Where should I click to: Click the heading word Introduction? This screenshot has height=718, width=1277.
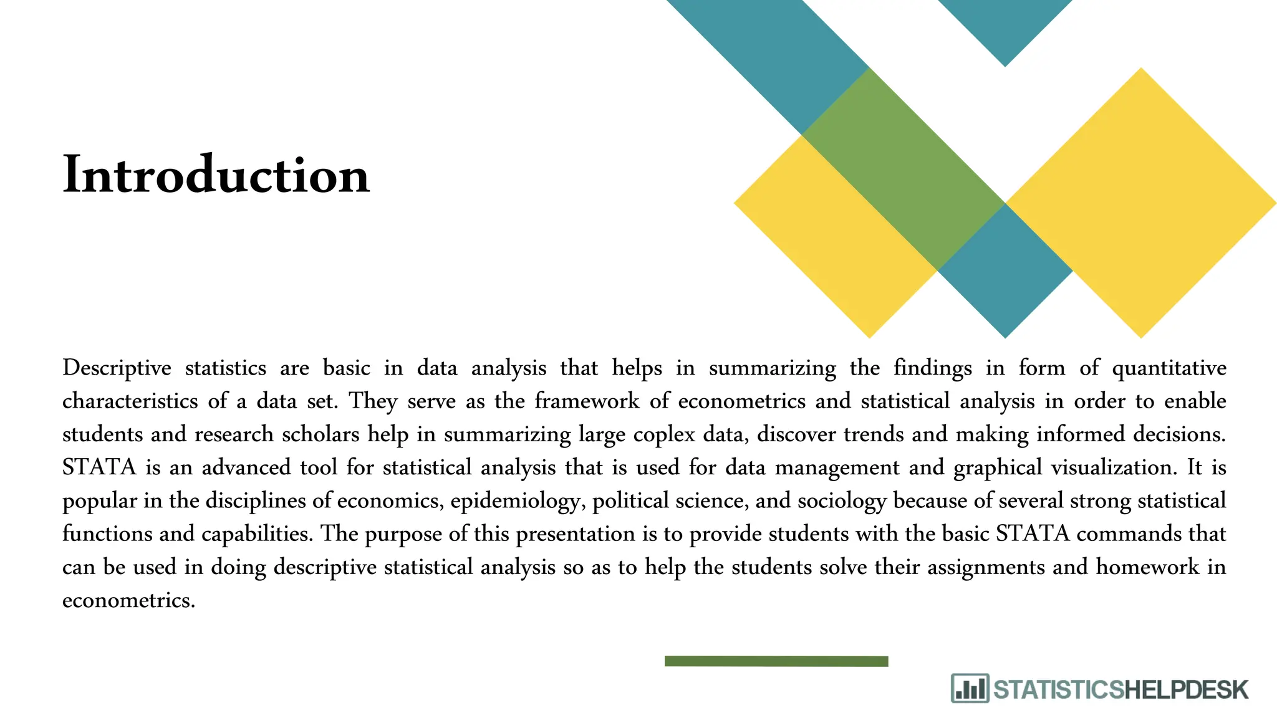coord(216,175)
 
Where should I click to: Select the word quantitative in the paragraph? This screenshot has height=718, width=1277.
coord(1169,368)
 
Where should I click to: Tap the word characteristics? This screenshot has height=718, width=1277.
coord(130,401)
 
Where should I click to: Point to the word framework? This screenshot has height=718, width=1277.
coord(587,401)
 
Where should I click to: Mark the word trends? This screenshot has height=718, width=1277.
coord(874,434)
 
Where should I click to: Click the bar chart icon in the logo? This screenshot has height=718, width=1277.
coord(970,688)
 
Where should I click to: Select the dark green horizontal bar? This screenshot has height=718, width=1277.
coord(776,661)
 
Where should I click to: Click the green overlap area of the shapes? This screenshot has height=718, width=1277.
coord(903,168)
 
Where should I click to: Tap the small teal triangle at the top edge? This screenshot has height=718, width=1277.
coord(1005,25)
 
